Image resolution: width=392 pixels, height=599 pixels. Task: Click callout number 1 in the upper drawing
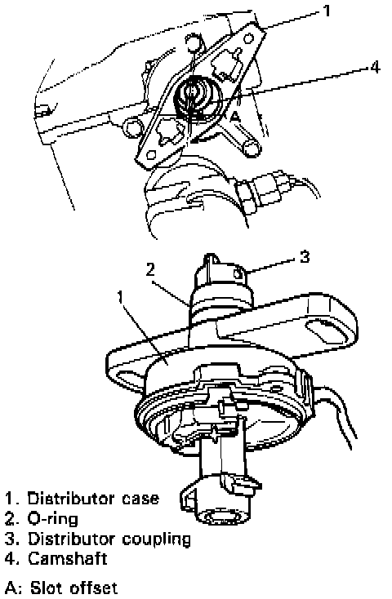click(x=326, y=11)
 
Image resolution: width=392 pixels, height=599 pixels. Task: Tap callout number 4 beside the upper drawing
click(x=375, y=67)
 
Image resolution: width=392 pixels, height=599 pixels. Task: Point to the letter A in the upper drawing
click(x=235, y=118)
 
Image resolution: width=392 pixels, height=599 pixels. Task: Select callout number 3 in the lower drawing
click(x=304, y=257)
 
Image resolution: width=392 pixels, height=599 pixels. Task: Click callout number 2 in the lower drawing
click(x=150, y=269)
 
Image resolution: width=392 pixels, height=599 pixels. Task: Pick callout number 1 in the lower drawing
click(x=121, y=296)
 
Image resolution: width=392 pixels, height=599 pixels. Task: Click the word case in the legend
click(x=140, y=499)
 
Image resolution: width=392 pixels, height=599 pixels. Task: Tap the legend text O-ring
click(x=52, y=519)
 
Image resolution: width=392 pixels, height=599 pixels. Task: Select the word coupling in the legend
click(x=156, y=539)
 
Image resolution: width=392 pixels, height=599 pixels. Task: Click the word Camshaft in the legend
click(x=67, y=558)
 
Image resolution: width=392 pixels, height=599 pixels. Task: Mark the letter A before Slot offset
click(x=10, y=587)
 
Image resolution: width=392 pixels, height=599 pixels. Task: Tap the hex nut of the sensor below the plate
click(x=244, y=195)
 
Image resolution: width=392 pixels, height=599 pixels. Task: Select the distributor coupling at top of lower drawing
click(x=222, y=275)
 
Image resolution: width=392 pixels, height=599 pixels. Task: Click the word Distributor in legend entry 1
click(x=72, y=499)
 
